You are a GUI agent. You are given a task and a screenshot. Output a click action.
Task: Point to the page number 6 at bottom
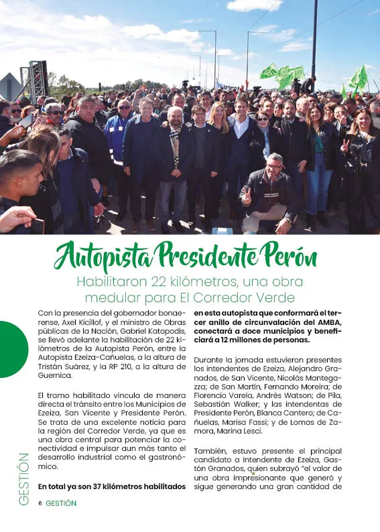click(x=40, y=503)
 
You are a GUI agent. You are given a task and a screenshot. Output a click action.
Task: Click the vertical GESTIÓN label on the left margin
click(x=23, y=478)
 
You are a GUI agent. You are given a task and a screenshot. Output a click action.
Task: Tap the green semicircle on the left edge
click(x=12, y=349)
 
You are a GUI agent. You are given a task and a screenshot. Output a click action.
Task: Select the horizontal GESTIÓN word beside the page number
click(x=61, y=503)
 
